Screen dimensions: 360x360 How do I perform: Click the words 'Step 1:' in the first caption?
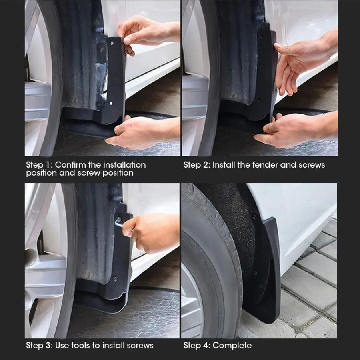tap(39, 165)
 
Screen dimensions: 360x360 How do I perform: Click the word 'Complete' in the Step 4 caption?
tap(232, 346)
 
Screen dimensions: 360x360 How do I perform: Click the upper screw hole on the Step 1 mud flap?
tap(112, 43)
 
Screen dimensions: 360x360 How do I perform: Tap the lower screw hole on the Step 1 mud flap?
tap(111, 103)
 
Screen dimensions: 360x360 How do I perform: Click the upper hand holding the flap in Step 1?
tap(147, 34)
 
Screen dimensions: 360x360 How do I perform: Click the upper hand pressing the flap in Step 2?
tap(303, 62)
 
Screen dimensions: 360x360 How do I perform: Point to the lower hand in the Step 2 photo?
tap(298, 130)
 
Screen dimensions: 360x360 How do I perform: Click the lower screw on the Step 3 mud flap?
tap(114, 279)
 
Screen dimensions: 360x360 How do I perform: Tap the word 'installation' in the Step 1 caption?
tap(124, 165)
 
